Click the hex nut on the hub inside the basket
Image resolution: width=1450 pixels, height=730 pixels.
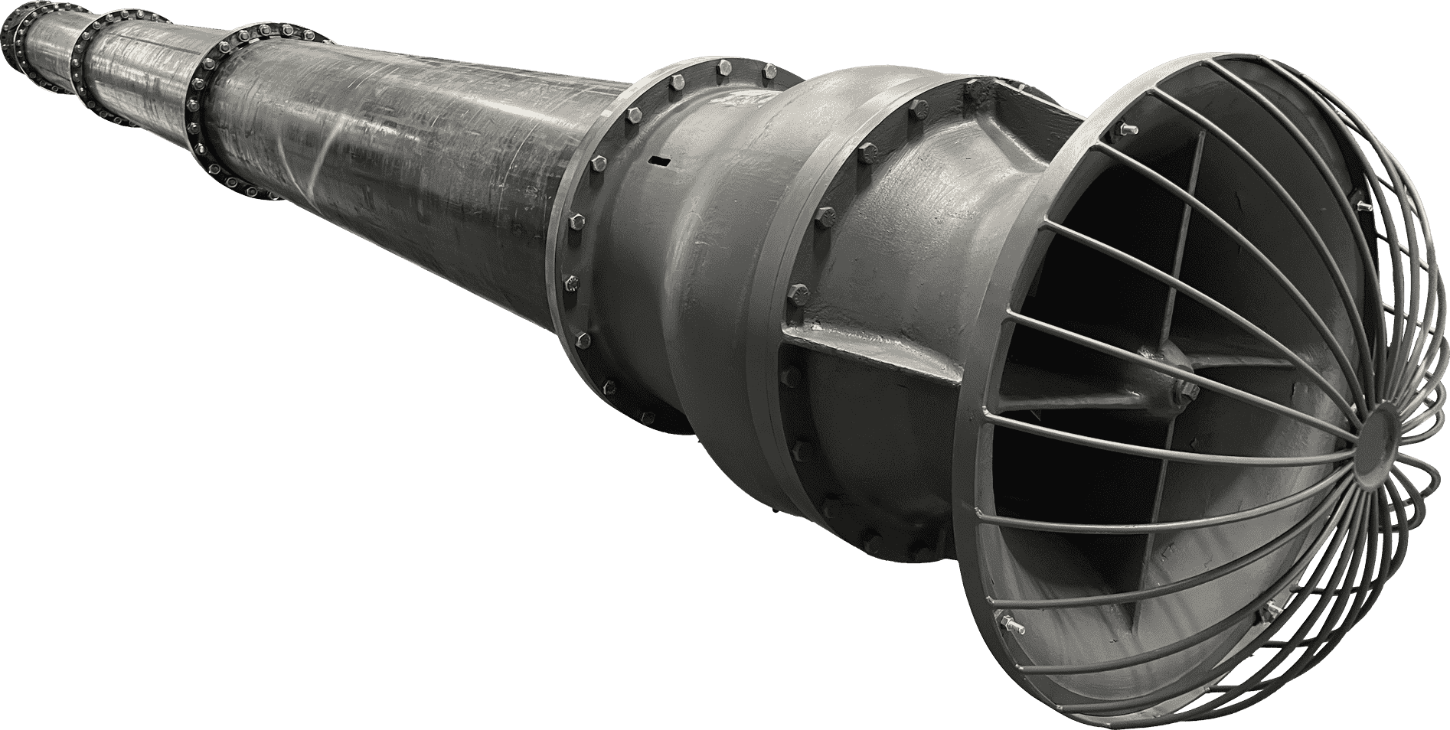point(1186,390)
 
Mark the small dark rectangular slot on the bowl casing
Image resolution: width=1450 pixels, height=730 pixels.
point(658,160)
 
